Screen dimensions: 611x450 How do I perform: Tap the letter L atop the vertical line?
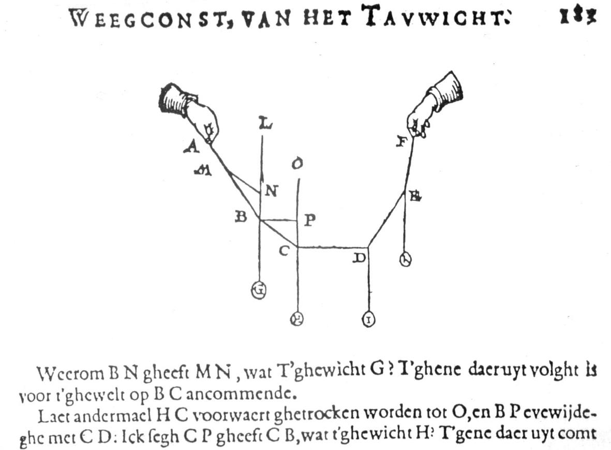(265, 124)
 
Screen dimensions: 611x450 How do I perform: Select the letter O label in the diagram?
(297, 165)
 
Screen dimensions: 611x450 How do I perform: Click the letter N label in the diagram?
(271, 191)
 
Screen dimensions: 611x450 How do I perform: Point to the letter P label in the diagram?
(309, 220)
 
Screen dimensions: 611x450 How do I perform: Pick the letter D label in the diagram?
(359, 257)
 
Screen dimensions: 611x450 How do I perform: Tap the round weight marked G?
(258, 291)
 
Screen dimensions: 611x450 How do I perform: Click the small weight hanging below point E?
(405, 259)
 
